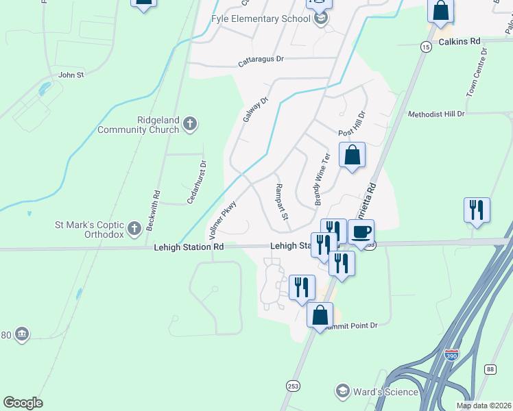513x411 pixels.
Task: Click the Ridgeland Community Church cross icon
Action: point(191,124)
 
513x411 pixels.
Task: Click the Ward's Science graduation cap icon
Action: point(342,391)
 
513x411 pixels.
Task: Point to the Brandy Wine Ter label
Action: point(322,179)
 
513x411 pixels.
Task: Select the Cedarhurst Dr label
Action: point(197,182)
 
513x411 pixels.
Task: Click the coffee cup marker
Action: point(361,232)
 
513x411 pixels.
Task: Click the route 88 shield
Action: point(490,369)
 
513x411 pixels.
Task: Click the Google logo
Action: point(23,403)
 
